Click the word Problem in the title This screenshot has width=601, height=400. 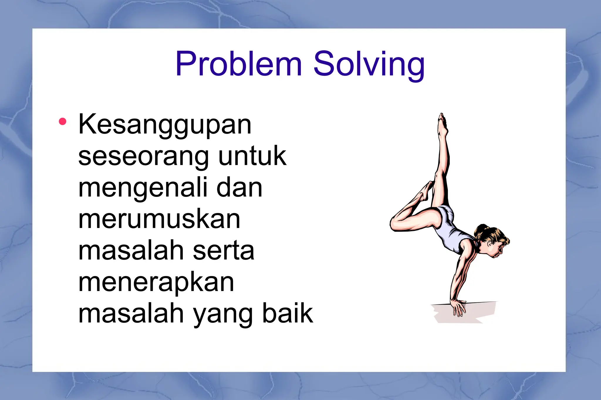[238, 64]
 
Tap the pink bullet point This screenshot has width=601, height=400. [63, 121]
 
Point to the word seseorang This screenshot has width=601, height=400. [144, 157]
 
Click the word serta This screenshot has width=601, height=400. [223, 251]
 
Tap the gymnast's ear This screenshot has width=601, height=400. [490, 243]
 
